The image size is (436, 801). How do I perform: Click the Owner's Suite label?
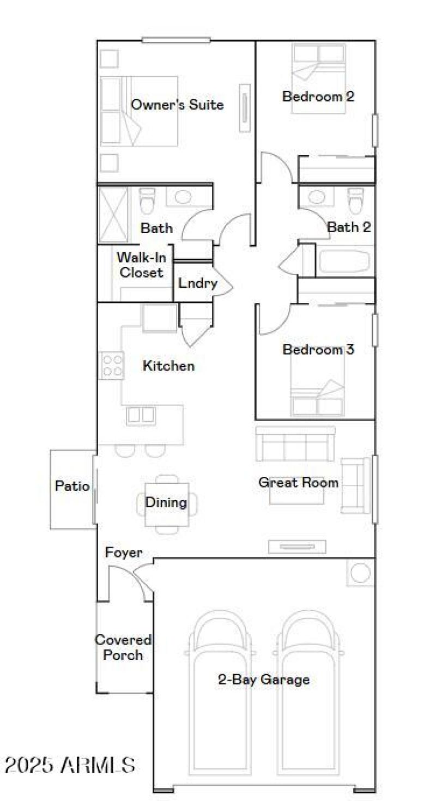point(177,105)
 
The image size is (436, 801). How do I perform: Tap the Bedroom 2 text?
point(318,96)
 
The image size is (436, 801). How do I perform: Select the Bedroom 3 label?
point(318,349)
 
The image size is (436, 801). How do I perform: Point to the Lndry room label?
point(198,283)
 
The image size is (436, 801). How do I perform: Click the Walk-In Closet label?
point(141,264)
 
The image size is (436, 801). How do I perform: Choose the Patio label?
point(72,486)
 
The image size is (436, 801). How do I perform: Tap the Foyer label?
point(124,553)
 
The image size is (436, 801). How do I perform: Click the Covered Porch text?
point(123,647)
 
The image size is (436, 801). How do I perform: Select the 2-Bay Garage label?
point(264,679)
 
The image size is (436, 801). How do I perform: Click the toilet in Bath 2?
point(355,202)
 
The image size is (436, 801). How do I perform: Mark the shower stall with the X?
point(113,214)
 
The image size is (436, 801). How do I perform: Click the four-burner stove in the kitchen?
point(112,366)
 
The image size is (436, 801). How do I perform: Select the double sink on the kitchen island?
point(141,416)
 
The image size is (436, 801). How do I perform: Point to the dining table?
point(166,502)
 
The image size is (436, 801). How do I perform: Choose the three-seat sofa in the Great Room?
point(295,444)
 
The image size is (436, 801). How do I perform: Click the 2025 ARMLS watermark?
point(70,764)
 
